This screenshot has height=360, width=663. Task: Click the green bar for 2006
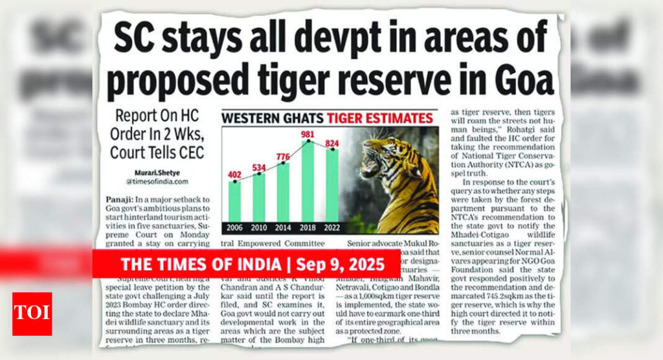tap(234, 202)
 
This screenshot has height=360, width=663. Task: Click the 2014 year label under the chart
tap(283, 227)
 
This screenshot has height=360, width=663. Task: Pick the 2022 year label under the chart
tap(332, 227)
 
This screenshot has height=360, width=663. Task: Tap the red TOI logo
tap(32, 313)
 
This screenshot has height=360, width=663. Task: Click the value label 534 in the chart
tap(258, 167)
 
